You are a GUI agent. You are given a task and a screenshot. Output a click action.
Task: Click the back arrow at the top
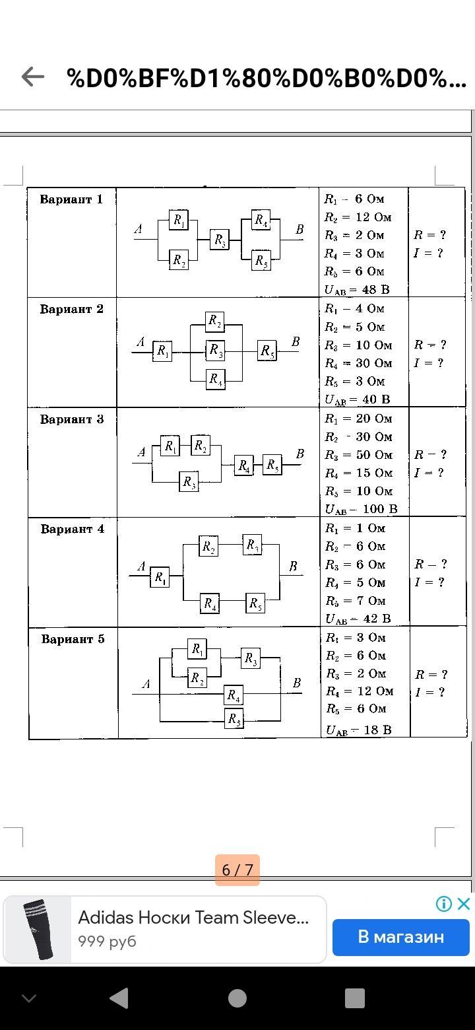pos(32,77)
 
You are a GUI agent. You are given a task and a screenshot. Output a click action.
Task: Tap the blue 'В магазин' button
pos(400,936)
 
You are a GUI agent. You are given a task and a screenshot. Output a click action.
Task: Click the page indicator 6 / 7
pos(237,870)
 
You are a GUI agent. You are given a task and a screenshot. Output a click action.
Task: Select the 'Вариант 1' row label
pos(71,199)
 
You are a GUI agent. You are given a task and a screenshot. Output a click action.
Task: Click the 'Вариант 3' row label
pos(71,419)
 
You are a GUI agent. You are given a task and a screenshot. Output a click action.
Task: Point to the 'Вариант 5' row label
pos(73,639)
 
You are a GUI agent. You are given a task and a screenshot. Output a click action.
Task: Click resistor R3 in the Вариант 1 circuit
pos(220,240)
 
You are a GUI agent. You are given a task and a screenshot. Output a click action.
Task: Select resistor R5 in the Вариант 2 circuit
pos(267,351)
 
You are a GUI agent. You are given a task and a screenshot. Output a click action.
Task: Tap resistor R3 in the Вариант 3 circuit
pos(189,482)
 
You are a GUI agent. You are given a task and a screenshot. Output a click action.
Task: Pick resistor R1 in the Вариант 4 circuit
pos(160,578)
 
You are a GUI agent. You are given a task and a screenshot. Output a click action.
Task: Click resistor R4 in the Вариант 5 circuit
pos(233,695)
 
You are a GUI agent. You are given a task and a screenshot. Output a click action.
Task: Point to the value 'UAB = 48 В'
pos(357,289)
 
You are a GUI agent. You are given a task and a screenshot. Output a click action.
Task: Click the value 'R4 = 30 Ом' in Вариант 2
pos(358,363)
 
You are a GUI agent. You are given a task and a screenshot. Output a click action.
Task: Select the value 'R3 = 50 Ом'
pos(358,455)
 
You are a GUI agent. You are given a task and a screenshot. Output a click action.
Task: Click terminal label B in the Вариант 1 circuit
pos(300,230)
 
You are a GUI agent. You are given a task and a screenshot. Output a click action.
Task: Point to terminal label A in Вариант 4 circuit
pos(141,566)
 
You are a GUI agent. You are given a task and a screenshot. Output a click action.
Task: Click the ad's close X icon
pos(464,904)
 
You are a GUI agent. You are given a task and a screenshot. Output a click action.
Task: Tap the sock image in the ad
pos(38,929)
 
